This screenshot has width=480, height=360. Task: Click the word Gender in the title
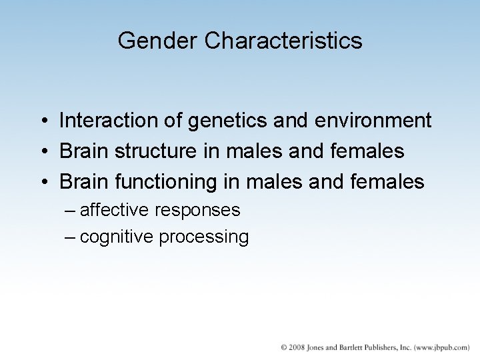point(159,41)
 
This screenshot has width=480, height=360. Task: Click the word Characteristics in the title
point(284,41)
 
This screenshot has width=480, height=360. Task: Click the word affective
point(115,210)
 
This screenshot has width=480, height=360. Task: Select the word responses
point(197,211)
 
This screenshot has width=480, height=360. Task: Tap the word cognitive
point(117,237)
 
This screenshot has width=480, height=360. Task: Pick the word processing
point(203,237)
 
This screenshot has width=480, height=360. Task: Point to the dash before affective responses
point(71,211)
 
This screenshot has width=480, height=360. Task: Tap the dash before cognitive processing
point(71,237)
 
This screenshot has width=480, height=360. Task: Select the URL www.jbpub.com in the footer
point(441,348)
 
